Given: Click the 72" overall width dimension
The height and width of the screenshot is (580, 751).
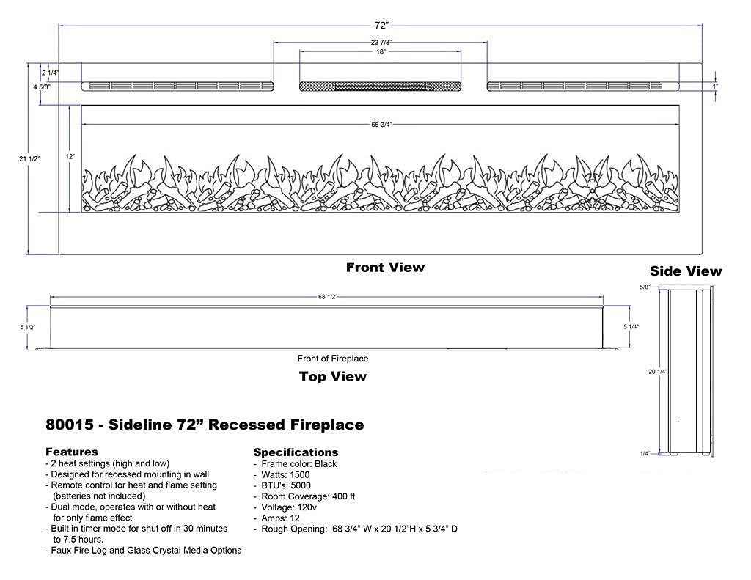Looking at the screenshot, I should tap(380, 26).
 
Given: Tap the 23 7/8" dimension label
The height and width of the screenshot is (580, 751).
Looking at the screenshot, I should tap(380, 43).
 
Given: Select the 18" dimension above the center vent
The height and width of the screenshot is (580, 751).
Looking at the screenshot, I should tap(380, 52).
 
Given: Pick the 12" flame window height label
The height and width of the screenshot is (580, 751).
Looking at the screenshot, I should tap(70, 158).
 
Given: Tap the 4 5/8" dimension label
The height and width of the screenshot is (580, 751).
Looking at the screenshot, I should tap(41, 87).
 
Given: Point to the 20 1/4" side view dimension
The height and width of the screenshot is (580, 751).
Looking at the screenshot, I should tap(656, 372).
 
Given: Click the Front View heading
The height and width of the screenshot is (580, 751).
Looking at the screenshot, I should tap(385, 267).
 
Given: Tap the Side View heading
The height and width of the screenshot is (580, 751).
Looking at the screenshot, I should tap(686, 271).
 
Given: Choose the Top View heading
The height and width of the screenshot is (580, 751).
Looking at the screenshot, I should tap(332, 377).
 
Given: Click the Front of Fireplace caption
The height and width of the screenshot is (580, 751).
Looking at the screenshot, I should tap(332, 359).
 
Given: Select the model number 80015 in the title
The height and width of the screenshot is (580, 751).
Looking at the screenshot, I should tap(66, 425).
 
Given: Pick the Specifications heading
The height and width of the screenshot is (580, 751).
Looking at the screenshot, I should tap(296, 452).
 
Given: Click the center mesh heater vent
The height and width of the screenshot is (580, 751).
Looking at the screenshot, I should tap(380, 87).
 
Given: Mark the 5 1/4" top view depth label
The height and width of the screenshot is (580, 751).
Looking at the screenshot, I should tap(630, 327).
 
